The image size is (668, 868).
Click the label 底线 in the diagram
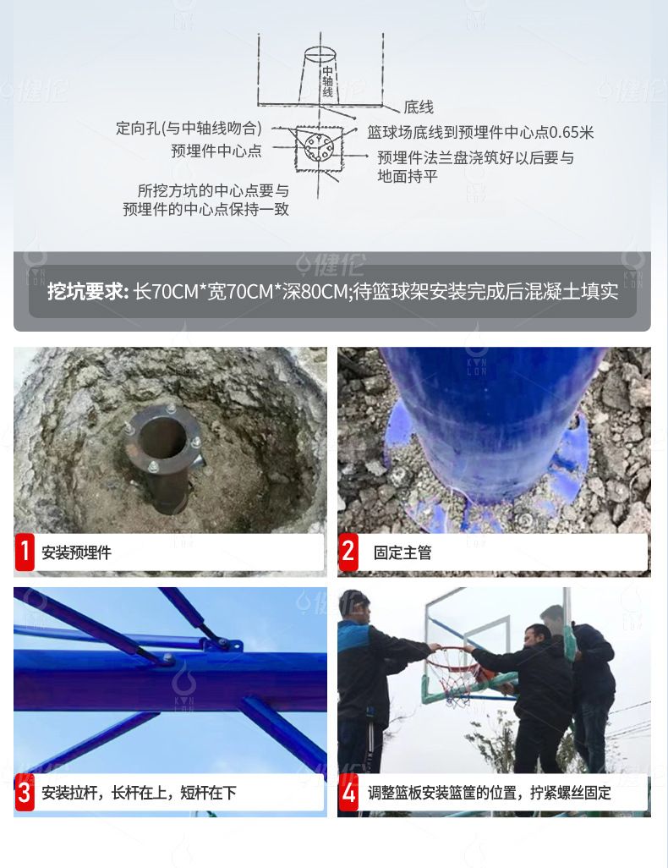419,107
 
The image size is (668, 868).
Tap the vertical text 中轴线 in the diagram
327,81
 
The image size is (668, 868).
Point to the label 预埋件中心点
216,151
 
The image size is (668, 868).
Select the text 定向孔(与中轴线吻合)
189,128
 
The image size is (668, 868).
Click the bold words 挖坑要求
88,291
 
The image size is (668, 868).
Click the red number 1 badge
25,552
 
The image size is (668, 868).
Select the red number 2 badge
348,552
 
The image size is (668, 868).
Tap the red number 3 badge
25,792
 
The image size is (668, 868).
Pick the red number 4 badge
348,792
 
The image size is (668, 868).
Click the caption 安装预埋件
76,552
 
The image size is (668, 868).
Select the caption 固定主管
402,552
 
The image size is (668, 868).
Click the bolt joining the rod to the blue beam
167,658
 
